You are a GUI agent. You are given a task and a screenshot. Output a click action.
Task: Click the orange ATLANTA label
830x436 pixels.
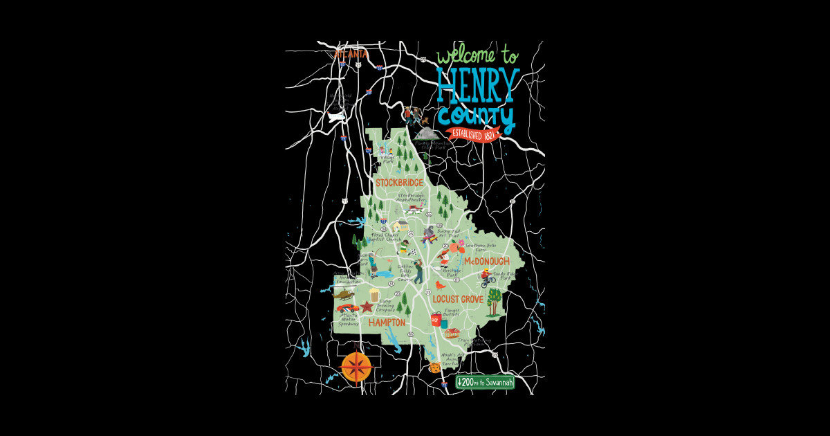pyautogui.click(x=351, y=53)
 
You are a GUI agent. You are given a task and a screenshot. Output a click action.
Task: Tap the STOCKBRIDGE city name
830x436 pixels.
pyautogui.click(x=399, y=183)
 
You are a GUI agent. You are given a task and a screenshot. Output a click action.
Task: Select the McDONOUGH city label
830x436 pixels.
pyautogui.click(x=486, y=261)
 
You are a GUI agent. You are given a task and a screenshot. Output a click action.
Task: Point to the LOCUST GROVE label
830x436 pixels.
pyautogui.click(x=458, y=300)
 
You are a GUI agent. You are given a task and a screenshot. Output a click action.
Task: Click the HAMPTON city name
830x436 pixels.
pyautogui.click(x=387, y=323)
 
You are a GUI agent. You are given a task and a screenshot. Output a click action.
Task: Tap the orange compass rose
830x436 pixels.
pyautogui.click(x=356, y=366)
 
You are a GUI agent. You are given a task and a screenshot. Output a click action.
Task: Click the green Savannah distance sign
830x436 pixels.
pyautogui.click(x=485, y=383)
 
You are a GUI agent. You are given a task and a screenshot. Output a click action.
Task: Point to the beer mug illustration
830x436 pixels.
pyautogui.click(x=374, y=296)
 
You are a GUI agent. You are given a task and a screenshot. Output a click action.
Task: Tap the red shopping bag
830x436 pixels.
pyautogui.click(x=436, y=319)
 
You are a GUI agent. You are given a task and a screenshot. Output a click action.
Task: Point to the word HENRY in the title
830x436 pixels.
pyautogui.click(x=477, y=84)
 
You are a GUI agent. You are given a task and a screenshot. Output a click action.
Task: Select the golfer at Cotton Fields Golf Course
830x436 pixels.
pyautogui.click(x=418, y=270)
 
